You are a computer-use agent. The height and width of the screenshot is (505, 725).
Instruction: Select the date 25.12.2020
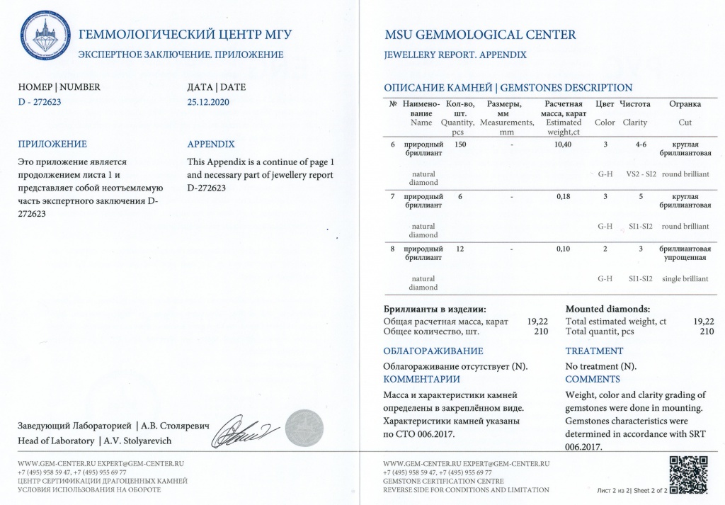208,102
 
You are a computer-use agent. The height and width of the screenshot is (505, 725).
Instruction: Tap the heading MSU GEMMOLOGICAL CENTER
479,35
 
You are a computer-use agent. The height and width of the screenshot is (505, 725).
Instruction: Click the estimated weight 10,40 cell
564,144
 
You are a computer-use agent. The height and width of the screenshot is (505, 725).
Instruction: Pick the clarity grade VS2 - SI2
640,174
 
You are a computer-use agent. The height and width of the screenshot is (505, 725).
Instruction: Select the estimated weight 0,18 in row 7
564,196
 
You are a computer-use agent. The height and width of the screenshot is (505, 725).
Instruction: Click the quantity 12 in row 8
460,249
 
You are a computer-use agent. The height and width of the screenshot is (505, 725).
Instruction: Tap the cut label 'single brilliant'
685,278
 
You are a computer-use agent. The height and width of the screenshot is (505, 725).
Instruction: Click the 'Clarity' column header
634,123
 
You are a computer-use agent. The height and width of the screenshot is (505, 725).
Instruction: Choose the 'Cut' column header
685,123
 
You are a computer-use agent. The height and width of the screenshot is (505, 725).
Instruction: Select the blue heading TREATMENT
594,351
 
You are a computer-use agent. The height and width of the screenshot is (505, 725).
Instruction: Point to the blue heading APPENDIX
211,144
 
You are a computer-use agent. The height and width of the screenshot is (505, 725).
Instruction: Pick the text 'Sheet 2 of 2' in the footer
649,489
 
